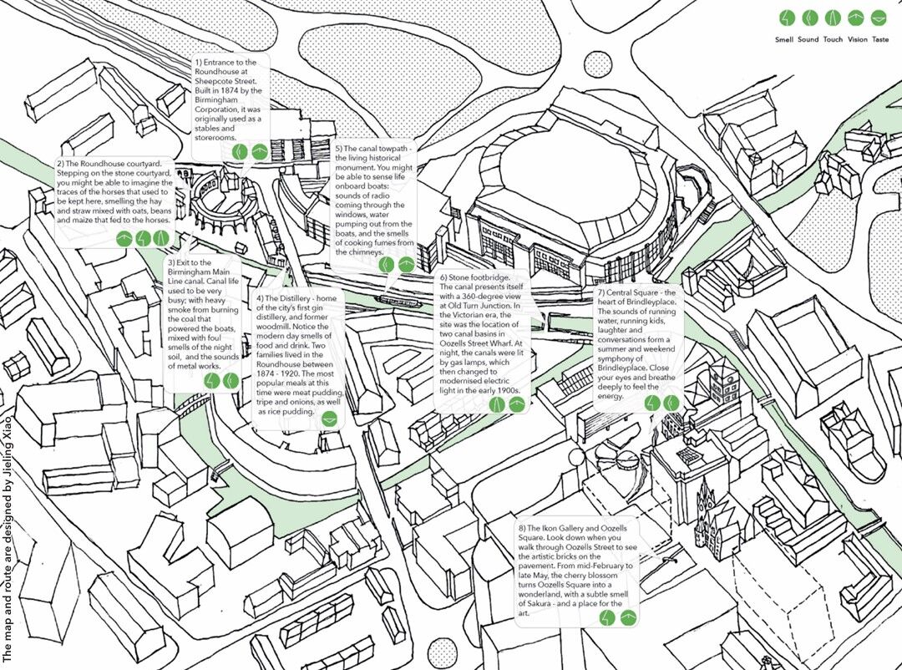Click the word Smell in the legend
[x=784, y=40]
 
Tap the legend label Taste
[x=880, y=40]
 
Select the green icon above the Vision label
[x=856, y=18]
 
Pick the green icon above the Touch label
[x=833, y=18]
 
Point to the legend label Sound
[x=808, y=40]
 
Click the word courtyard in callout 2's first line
[x=155, y=164]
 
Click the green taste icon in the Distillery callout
[x=329, y=419]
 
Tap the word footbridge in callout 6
[x=488, y=277]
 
